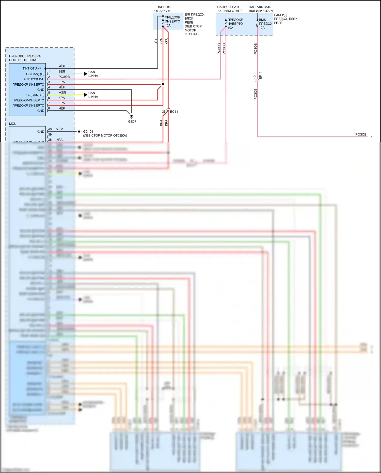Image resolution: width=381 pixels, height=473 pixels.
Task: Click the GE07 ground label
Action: coord(132,121)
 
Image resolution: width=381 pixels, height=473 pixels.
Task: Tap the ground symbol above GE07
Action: coord(131,116)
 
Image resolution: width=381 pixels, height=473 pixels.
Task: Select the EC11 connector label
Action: coord(174,112)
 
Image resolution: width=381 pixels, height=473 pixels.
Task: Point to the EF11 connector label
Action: coord(260,75)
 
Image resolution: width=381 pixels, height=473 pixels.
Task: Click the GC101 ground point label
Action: coord(88,132)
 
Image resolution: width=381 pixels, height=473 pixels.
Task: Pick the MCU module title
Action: coord(13,124)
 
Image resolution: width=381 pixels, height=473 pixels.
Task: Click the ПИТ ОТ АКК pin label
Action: coord(32,68)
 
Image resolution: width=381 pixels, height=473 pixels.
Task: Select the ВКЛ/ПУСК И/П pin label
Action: coord(33,79)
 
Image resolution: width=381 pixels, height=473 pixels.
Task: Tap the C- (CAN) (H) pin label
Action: coord(35,74)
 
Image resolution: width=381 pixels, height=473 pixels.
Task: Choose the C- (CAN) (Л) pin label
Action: coord(35,95)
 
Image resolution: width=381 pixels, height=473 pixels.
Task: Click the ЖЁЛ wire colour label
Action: coord(62,93)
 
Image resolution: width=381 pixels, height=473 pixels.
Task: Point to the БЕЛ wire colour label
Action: coord(62,71)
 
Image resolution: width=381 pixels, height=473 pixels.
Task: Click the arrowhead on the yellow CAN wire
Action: coord(86,95)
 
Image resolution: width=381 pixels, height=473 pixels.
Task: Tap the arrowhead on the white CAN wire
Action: coord(86,74)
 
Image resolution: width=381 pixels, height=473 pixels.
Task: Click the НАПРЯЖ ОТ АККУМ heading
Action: coord(163,9)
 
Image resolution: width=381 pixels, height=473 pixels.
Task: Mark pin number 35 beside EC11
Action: coord(164,112)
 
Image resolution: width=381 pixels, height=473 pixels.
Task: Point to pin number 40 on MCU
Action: coord(50,129)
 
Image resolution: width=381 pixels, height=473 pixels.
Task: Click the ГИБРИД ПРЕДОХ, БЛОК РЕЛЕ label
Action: coord(285,19)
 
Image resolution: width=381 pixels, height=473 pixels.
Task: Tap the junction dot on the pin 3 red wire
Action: coord(163,84)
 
